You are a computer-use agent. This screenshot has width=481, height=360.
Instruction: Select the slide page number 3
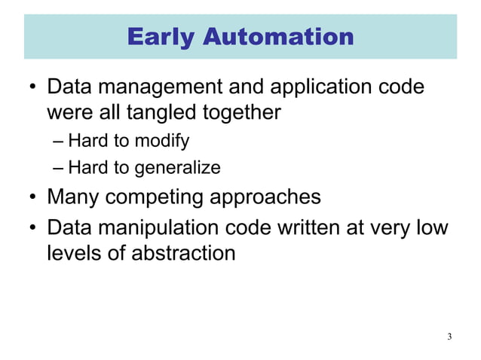(x=449, y=336)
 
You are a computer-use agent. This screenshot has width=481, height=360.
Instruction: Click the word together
(x=243, y=114)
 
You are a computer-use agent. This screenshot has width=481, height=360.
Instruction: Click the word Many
(x=72, y=197)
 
